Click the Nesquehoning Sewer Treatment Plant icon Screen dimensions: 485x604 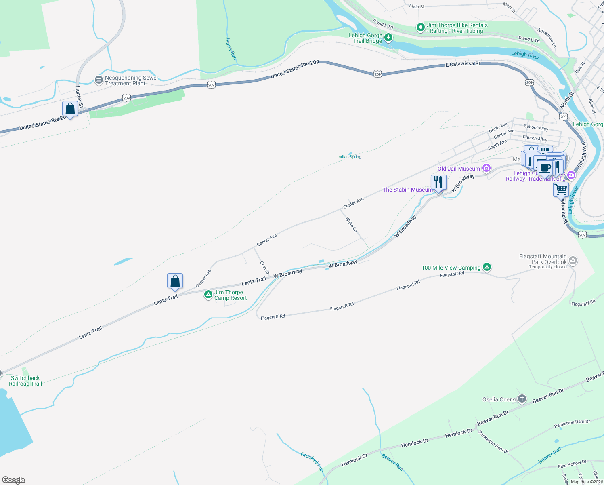tap(99, 80)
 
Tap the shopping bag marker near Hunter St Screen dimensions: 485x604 tap(70, 109)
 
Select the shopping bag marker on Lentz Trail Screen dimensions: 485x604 tap(175, 281)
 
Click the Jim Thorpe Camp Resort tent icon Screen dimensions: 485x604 tap(208, 295)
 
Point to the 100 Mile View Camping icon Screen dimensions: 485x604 tap(487, 267)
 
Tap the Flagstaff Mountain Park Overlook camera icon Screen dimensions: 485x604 tap(573, 260)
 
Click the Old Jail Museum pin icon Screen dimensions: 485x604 tap(487, 168)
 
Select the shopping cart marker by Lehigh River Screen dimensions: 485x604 tap(561, 189)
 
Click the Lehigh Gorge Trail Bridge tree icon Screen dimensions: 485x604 tap(388, 38)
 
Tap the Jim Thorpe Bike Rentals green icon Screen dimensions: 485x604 tap(420, 27)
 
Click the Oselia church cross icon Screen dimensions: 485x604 tap(522, 399)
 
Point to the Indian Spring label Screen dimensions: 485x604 tap(349, 157)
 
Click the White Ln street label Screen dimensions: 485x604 tap(351, 224)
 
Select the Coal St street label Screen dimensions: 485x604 tap(264, 267)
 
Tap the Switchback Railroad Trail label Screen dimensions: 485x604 tap(25, 381)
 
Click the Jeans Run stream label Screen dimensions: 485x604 tap(231, 48)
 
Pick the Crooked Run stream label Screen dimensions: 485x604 tap(312, 462)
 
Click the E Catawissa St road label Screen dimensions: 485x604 tap(463, 64)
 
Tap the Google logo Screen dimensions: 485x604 tap(14, 480)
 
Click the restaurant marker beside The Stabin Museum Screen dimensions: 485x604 tap(438, 182)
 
